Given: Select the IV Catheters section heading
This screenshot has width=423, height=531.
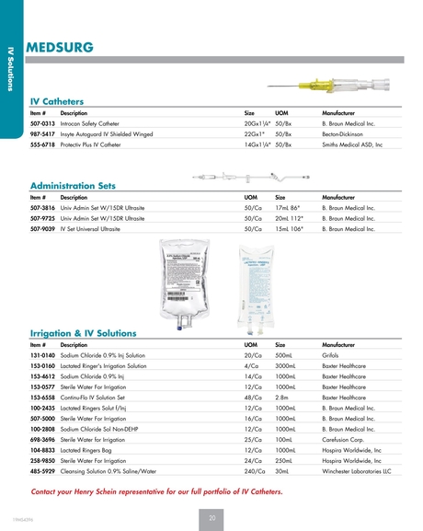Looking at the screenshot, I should (57, 101).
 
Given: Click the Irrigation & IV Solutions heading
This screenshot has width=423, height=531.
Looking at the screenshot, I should (84, 332).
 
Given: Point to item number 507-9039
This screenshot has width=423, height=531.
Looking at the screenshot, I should (43, 228).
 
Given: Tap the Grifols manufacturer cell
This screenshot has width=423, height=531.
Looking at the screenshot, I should (334, 354).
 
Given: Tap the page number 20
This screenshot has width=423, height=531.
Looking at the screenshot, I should (211, 518).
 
